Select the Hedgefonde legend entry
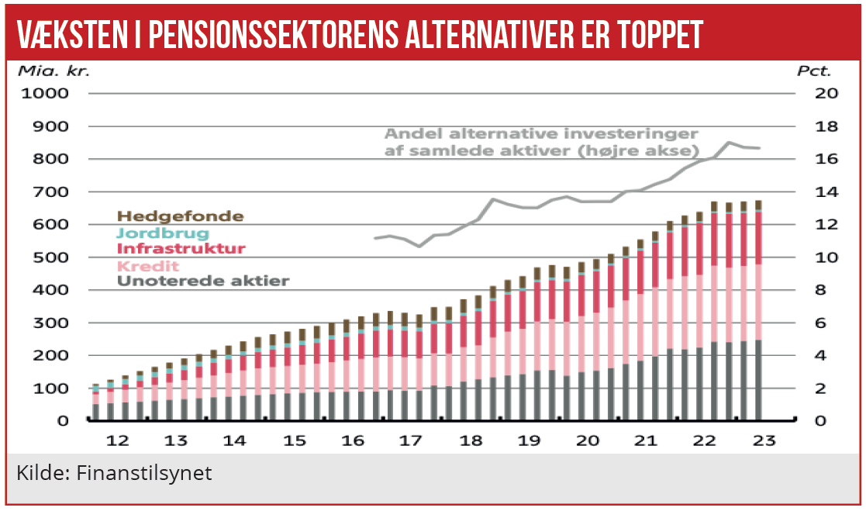tap(180, 216)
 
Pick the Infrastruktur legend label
tap(181, 249)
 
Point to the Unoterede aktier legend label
tap(202, 281)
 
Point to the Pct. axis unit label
tap(814, 71)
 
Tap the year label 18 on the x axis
tap(471, 440)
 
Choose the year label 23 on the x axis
tap(764, 440)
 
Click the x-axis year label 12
tap(117, 440)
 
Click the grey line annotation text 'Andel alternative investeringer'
tap(541, 133)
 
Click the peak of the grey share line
tap(728, 143)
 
